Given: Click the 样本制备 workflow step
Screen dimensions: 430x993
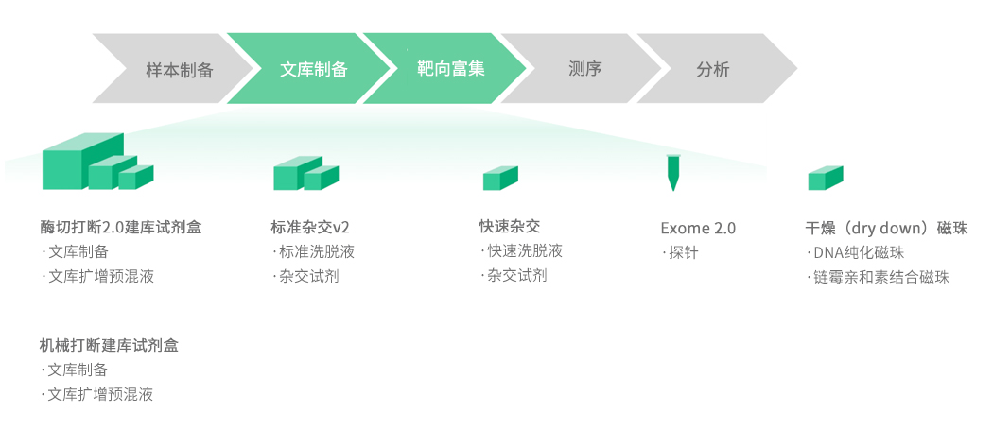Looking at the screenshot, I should pyautogui.click(x=179, y=70).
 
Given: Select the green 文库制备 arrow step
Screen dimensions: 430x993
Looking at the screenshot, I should pyautogui.click(x=314, y=70).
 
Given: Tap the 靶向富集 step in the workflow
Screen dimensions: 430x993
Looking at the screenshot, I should pyautogui.click(x=450, y=69).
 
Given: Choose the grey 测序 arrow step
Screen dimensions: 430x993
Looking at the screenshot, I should pyautogui.click(x=585, y=69).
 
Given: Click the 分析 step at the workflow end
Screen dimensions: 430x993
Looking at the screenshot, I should pyautogui.click(x=712, y=70).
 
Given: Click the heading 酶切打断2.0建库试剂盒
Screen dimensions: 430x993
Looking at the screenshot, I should pyautogui.click(x=120, y=227).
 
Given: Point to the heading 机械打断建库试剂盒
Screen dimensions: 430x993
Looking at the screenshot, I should pyautogui.click(x=109, y=345).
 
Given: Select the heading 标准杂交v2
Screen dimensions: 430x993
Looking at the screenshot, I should pyautogui.click(x=310, y=227).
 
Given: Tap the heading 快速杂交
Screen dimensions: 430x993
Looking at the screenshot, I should pyautogui.click(x=510, y=226).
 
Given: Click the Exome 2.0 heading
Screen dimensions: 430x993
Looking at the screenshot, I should pyautogui.click(x=698, y=229).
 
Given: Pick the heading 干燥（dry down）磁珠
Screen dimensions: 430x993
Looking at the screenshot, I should pyautogui.click(x=886, y=229).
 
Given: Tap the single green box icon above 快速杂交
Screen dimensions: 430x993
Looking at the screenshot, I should pyautogui.click(x=500, y=178).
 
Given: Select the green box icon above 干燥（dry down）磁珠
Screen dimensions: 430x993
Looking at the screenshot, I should pyautogui.click(x=825, y=178).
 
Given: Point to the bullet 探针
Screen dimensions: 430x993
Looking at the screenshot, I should pyautogui.click(x=683, y=253).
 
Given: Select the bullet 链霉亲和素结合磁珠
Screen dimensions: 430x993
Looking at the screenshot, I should pyautogui.click(x=880, y=277).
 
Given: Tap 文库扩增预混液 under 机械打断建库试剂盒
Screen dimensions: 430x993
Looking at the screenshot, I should pyautogui.click(x=100, y=394).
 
